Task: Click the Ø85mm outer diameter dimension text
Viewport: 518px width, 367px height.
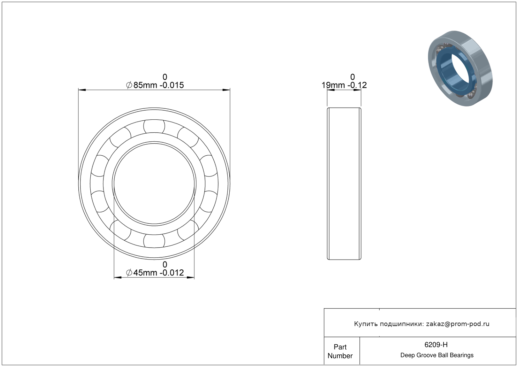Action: [x=155, y=85]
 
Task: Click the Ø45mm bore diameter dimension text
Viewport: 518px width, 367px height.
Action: [x=155, y=273]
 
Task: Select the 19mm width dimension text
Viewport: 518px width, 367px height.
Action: [x=344, y=85]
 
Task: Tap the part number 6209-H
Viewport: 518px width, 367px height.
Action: [x=436, y=345]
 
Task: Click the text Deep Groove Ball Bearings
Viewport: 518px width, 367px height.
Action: [x=437, y=355]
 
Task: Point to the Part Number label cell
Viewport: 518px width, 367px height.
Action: [x=340, y=351]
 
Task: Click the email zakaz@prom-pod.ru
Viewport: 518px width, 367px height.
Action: [x=458, y=324]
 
